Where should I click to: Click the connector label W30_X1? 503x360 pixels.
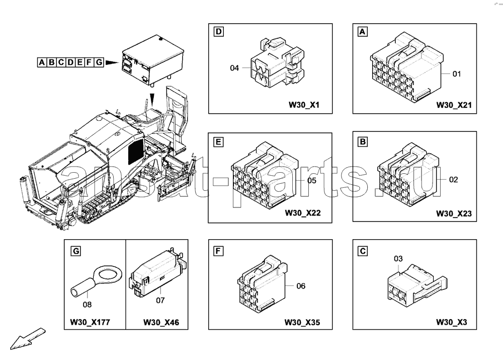(x=304, y=106)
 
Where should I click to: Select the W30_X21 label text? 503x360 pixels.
(x=453, y=106)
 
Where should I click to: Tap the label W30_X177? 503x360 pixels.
(x=90, y=323)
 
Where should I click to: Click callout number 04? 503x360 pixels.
(x=234, y=68)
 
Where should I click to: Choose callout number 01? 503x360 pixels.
(x=457, y=74)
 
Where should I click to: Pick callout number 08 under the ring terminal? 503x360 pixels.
(x=88, y=304)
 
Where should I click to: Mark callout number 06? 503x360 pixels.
(x=301, y=286)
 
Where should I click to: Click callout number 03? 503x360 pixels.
(x=398, y=259)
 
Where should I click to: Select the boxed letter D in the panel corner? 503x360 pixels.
(x=218, y=33)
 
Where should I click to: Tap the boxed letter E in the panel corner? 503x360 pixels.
(x=218, y=142)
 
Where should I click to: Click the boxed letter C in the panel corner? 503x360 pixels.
(x=362, y=250)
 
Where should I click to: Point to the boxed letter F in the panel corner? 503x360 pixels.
(x=218, y=250)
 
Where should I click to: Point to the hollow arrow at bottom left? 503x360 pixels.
(x=28, y=338)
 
